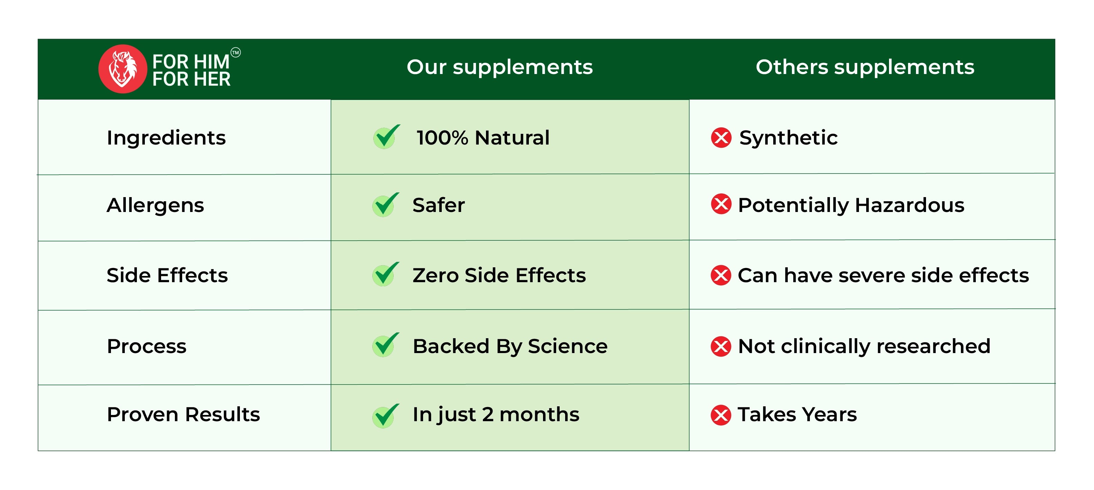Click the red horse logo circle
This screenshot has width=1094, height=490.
point(123,69)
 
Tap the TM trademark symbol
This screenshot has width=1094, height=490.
point(236,52)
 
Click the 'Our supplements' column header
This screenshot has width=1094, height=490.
point(499,67)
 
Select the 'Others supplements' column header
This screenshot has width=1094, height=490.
point(865,67)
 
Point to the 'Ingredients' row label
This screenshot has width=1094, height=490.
point(166,138)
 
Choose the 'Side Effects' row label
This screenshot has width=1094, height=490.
point(167,275)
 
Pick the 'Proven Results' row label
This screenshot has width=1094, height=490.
point(184,414)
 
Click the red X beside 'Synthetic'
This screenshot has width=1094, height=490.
point(721,138)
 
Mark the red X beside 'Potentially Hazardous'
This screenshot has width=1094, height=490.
point(721,204)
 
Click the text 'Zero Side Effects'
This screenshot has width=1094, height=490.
point(499,275)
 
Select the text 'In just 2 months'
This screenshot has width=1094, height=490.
point(496,415)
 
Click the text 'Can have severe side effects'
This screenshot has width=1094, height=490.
point(883,275)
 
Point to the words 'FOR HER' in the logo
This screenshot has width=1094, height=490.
point(191,79)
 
